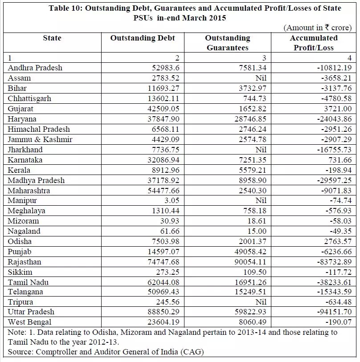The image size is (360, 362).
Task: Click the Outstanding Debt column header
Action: (x=143, y=38)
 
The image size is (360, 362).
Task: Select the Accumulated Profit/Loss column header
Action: (x=314, y=43)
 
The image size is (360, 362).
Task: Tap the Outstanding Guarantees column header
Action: (x=227, y=43)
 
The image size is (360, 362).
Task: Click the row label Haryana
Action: (x=22, y=119)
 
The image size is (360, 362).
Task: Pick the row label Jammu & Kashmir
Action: (x=40, y=139)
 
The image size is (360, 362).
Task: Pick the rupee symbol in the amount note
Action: (x=326, y=27)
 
